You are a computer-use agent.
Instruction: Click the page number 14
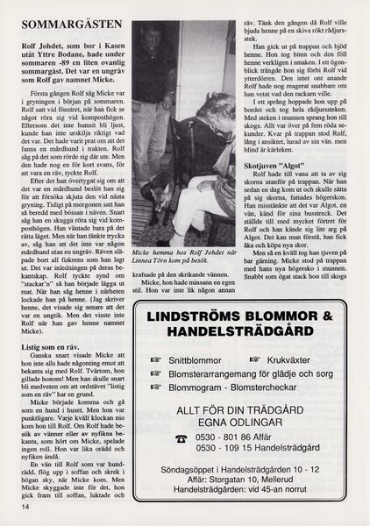[x=17, y=507]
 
